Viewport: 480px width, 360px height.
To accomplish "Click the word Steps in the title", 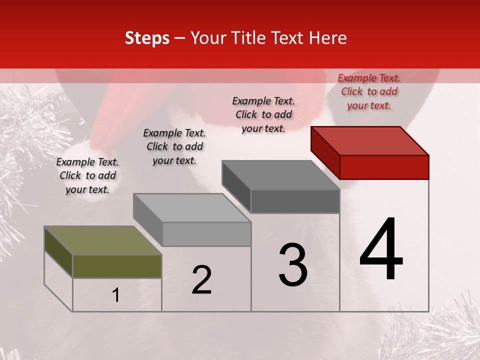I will point(147,38).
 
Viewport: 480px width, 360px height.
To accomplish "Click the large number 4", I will point(381,249).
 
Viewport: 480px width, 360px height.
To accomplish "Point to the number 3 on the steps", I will point(292,265).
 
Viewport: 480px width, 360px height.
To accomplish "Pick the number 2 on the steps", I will point(201,280).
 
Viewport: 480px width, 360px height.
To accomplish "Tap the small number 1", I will point(116,295).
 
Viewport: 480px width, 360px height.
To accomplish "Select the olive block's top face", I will point(103,240).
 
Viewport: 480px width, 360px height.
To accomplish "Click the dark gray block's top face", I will point(281,175).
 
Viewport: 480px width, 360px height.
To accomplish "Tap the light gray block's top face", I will point(192,207).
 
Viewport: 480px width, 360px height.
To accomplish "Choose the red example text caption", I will point(369,91).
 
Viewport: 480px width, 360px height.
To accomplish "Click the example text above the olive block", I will point(87,175).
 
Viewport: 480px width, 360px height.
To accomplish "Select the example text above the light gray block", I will point(174,146).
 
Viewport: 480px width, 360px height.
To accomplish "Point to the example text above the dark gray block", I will point(263,114).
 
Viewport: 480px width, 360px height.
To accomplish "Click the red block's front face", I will point(384,167).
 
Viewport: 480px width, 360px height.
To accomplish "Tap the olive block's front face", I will point(117,266).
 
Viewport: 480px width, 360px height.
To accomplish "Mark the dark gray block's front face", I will point(295,201).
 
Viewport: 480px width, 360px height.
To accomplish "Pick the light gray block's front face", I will point(206,234).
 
